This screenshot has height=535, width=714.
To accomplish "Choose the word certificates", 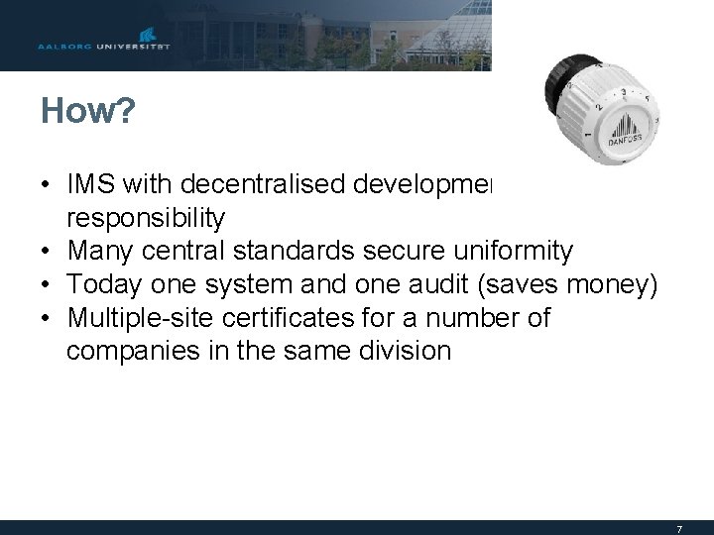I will click(288, 319).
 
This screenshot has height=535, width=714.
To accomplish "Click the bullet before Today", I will click(47, 285).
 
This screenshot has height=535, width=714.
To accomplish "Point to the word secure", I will click(398, 252).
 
